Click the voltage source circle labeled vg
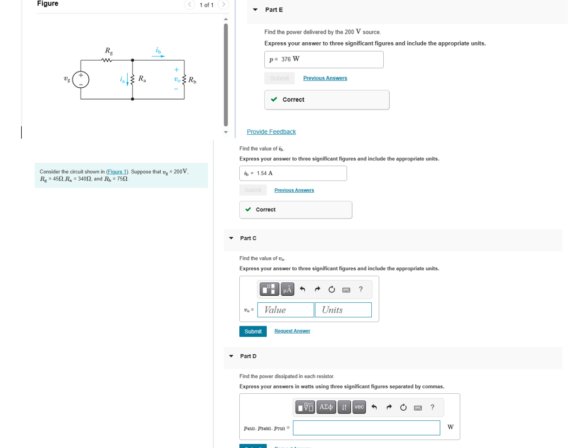(81, 80)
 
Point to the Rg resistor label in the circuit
(109, 51)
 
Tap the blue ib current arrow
(158, 56)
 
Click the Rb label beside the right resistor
(192, 80)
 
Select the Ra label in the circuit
(142, 79)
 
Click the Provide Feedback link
(271, 132)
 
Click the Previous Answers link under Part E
(325, 78)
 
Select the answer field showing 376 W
(324, 60)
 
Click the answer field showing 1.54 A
(293, 173)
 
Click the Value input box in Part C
(286, 310)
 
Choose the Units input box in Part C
(343, 310)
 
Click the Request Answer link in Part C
(292, 331)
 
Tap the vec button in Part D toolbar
(359, 407)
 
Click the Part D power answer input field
(366, 428)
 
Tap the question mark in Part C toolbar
(361, 290)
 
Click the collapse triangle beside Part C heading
(231, 238)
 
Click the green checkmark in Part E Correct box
(274, 100)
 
